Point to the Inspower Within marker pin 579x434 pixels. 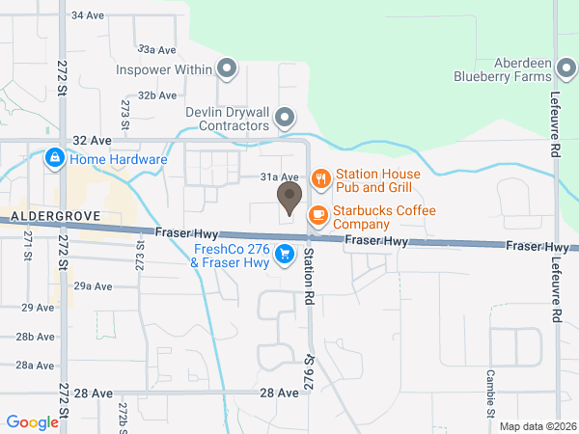pos(227,68)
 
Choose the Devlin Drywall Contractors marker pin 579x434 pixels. pos(285,119)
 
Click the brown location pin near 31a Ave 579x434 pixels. pos(289,198)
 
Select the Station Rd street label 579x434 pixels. pos(309,276)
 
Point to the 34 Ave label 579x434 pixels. pos(88,16)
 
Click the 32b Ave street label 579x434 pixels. pos(156,95)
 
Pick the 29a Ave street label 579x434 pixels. pos(94,285)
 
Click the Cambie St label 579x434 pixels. pos(491,388)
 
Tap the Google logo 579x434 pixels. pos(32,422)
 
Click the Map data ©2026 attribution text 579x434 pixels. pos(537,426)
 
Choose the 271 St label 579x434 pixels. pos(28,243)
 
